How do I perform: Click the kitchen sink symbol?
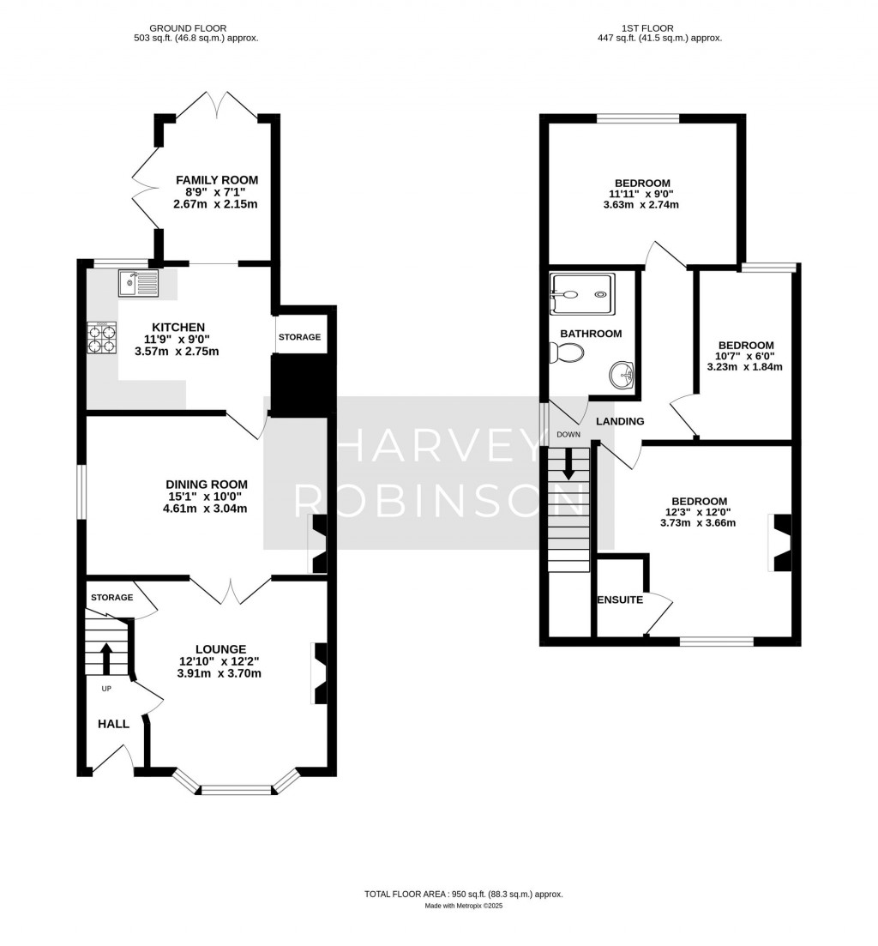tap(139, 283)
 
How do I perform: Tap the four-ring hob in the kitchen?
tap(102, 338)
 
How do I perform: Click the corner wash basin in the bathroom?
tap(622, 375)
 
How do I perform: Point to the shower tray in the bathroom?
tap(582, 294)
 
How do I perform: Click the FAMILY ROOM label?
tap(217, 180)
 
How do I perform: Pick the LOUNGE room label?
tap(220, 649)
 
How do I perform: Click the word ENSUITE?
tap(620, 600)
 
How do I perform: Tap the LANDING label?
tap(620, 421)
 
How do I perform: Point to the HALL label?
tap(113, 724)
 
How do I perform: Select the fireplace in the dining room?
tap(317, 544)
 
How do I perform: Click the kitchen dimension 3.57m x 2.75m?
tap(177, 352)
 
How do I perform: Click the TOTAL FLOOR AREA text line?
tap(463, 895)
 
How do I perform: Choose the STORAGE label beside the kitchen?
tap(299, 337)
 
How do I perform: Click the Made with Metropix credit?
tap(463, 907)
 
